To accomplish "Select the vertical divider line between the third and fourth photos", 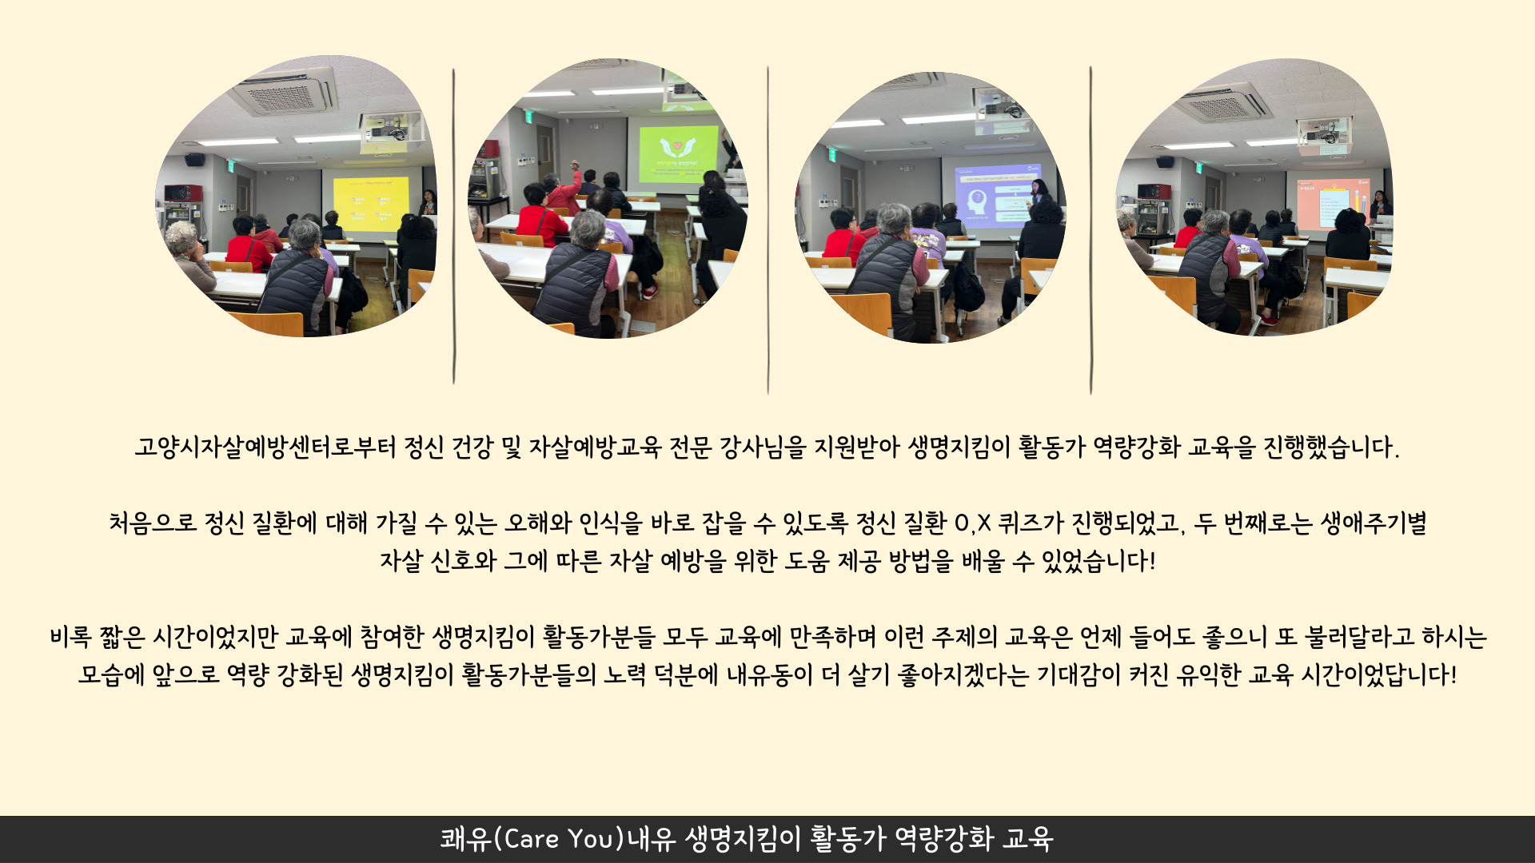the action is pos(1090,230).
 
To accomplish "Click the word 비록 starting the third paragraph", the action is pos(70,637).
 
